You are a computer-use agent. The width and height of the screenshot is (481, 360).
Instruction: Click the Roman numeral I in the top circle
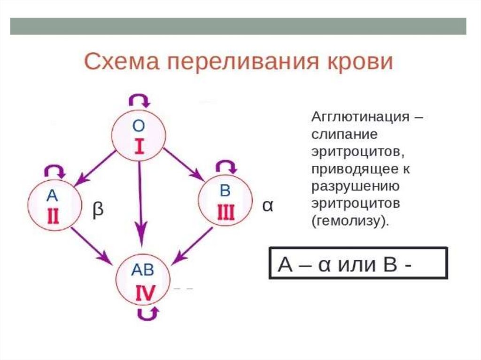(x=139, y=147)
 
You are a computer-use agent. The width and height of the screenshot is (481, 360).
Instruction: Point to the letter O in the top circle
(x=138, y=126)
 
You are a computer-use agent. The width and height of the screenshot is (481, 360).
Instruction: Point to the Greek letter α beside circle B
(x=267, y=206)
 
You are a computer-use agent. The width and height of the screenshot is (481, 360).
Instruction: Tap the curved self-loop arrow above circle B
(x=225, y=166)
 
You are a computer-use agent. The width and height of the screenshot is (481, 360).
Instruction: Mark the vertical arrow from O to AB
(x=140, y=202)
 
